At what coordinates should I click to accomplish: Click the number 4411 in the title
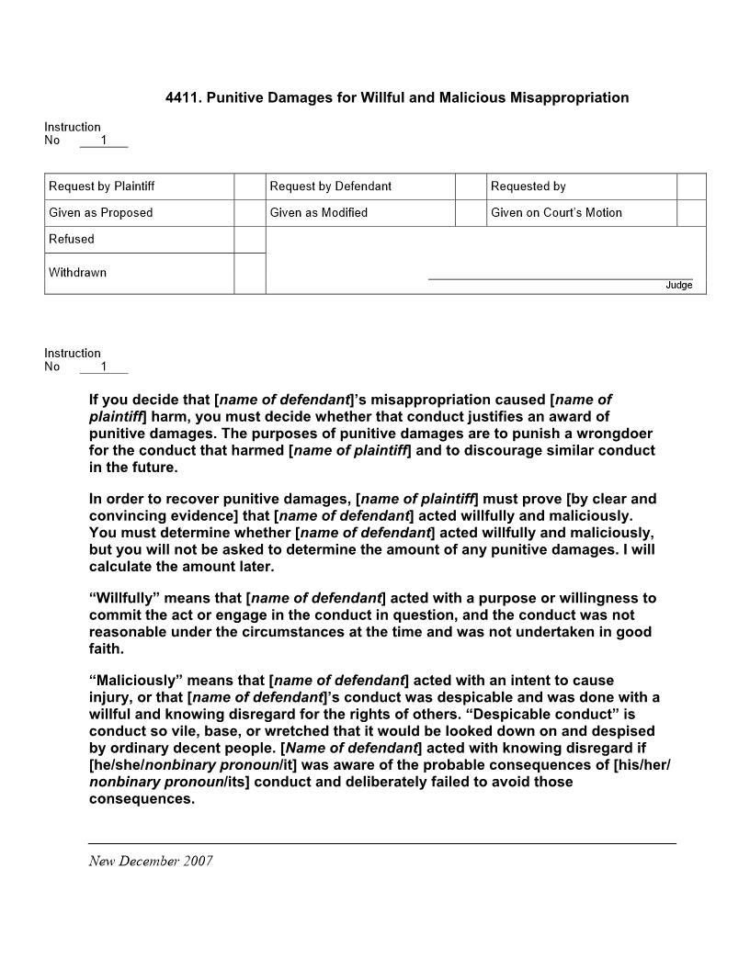click(x=181, y=97)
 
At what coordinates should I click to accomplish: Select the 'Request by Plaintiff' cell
click(x=102, y=186)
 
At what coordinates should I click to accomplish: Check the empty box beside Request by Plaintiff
click(x=249, y=186)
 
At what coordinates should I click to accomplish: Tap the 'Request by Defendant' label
click(x=330, y=186)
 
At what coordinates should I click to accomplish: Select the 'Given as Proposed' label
click(x=101, y=213)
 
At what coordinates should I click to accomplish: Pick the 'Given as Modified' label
click(x=318, y=213)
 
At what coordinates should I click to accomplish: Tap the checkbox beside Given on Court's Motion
click(x=691, y=213)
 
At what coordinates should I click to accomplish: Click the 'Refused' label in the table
click(x=72, y=239)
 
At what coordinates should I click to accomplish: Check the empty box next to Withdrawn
click(x=249, y=273)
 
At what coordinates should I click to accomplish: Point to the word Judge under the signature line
click(x=678, y=286)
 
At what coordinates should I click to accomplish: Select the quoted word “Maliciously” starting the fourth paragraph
click(x=134, y=681)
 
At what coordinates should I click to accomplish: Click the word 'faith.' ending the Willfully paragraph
click(x=107, y=649)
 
